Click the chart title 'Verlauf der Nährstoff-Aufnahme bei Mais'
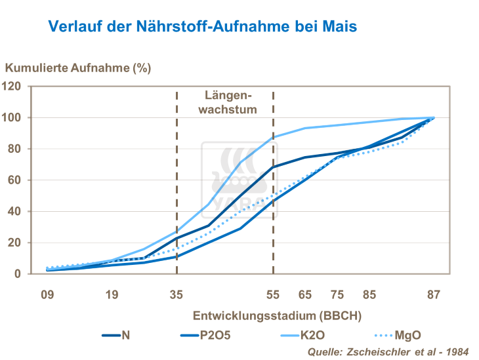[202, 27]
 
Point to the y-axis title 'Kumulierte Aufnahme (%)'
[78, 68]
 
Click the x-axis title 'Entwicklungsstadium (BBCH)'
[276, 315]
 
